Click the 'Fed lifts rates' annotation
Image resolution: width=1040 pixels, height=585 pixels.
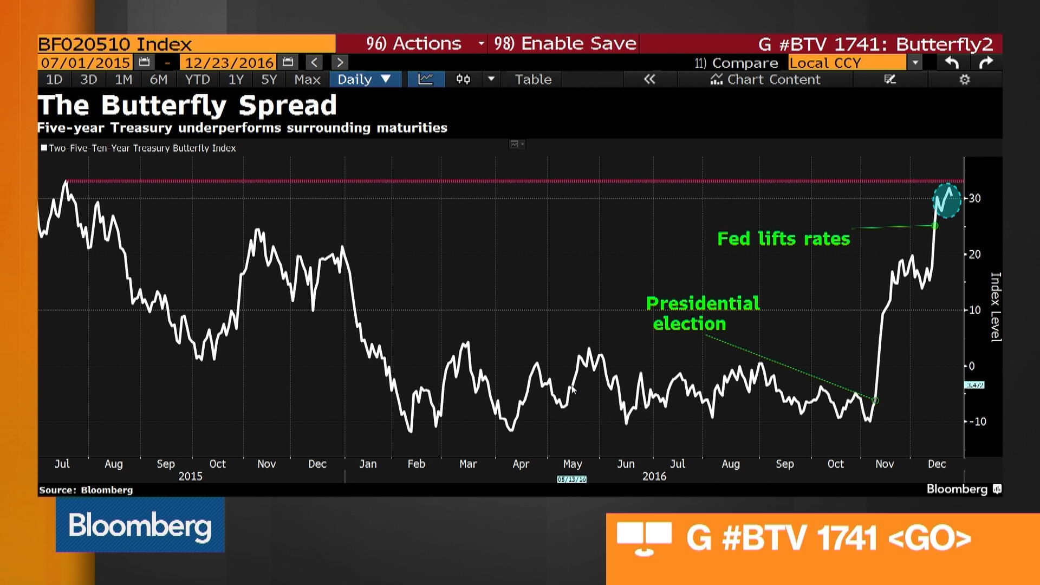[783, 239]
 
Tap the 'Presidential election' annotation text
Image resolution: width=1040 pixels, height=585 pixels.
[702, 313]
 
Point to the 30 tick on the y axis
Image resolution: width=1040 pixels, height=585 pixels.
[975, 198]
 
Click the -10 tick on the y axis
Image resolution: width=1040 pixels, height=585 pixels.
[978, 421]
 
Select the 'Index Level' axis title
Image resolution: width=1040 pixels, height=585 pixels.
[996, 307]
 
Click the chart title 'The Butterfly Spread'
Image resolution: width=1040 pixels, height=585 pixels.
[187, 105]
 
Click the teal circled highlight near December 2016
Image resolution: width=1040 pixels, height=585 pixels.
[946, 200]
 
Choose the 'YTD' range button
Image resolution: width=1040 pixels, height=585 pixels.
[197, 80]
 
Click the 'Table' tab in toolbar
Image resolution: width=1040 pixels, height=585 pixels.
[533, 80]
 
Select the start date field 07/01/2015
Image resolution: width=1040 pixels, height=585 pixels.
[86, 63]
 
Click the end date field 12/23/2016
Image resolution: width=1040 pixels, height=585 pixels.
[229, 63]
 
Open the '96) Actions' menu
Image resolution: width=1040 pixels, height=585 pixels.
[414, 44]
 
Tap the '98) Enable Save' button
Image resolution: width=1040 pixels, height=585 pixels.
[565, 44]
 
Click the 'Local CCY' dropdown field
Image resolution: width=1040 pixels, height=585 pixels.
[848, 63]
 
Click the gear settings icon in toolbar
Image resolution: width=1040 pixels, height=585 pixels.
[964, 80]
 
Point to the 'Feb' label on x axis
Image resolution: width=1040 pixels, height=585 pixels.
[416, 464]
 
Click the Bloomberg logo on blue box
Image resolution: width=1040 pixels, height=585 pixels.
[140, 525]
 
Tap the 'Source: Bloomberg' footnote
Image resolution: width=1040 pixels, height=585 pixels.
[86, 490]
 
